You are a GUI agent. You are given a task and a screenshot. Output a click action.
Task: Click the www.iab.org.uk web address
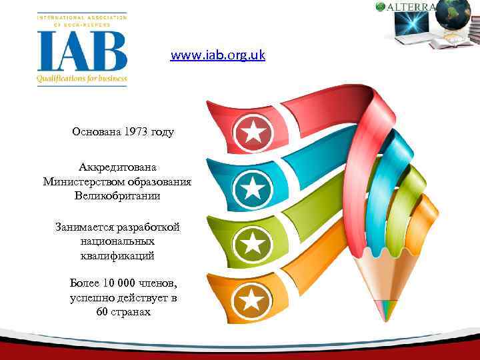(217, 55)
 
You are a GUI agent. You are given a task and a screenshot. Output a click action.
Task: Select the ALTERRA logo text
(411, 7)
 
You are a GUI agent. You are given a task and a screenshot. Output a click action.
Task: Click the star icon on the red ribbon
(253, 132)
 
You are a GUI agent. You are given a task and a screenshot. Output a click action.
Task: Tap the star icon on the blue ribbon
(253, 189)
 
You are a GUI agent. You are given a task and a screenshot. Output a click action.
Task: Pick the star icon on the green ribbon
(253, 244)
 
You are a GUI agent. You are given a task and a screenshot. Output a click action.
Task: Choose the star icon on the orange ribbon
(251, 301)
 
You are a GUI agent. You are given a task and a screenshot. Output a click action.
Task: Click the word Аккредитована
(117, 167)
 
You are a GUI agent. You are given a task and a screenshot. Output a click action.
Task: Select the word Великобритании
(117, 196)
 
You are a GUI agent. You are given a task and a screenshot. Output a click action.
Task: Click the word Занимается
(83, 227)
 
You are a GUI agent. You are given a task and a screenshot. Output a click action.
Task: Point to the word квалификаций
(117, 255)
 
